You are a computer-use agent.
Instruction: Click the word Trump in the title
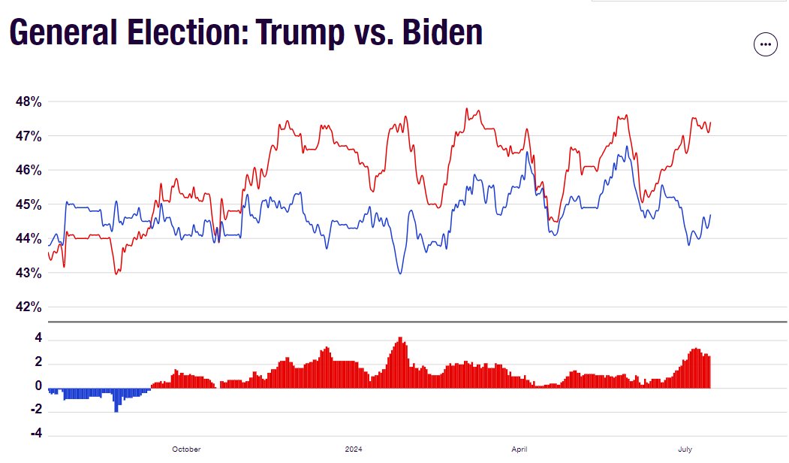300,33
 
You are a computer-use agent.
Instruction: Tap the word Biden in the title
443,32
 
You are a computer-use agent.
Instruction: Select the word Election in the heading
188,32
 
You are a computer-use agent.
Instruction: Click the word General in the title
64,32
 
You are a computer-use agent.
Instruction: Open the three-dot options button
765,44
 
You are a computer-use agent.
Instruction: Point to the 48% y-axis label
29,101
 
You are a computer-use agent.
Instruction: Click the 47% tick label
29,136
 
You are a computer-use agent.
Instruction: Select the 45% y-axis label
29,204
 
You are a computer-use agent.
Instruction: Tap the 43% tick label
29,273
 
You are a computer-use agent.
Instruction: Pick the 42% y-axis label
29,307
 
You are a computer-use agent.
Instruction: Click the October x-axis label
186,449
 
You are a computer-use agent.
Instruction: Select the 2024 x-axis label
354,449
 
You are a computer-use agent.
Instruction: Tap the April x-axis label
519,449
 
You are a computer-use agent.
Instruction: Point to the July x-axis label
685,449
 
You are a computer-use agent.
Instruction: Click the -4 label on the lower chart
36,433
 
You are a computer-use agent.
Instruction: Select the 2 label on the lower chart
39,362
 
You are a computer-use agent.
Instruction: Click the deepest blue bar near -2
116,400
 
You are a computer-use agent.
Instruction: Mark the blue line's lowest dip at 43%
401,273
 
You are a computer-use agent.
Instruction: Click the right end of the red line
710,123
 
